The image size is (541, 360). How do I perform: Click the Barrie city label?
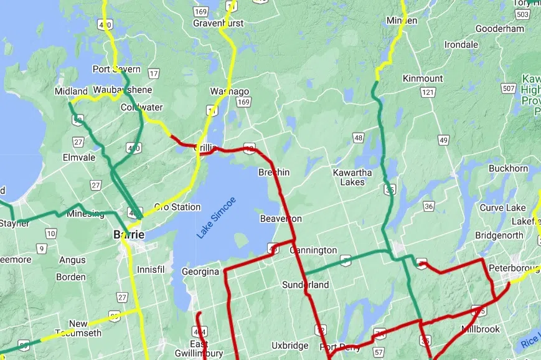pyautogui.click(x=129, y=235)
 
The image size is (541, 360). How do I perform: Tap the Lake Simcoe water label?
pyautogui.click(x=217, y=217)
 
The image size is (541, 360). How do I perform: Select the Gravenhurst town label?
pyautogui.click(x=218, y=23)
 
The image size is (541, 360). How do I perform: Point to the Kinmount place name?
pyautogui.click(x=423, y=78)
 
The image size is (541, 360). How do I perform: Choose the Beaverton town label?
pyautogui.click(x=281, y=219)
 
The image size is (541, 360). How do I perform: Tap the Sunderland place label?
pyautogui.click(x=305, y=285)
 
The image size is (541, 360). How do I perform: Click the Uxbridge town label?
pyautogui.click(x=289, y=345)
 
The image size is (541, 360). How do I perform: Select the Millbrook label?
pyautogui.click(x=480, y=329)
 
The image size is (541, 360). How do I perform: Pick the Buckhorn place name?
pyautogui.click(x=508, y=168)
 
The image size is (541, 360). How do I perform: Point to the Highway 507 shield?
pyautogui.click(x=509, y=88)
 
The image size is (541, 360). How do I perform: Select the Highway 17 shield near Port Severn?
pyautogui.click(x=154, y=73)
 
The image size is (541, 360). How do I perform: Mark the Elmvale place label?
pyautogui.click(x=79, y=158)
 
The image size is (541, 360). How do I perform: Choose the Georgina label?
pyautogui.click(x=200, y=272)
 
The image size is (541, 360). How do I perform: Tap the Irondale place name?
pyautogui.click(x=461, y=45)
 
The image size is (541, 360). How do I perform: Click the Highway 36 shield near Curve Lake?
pyautogui.click(x=429, y=206)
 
